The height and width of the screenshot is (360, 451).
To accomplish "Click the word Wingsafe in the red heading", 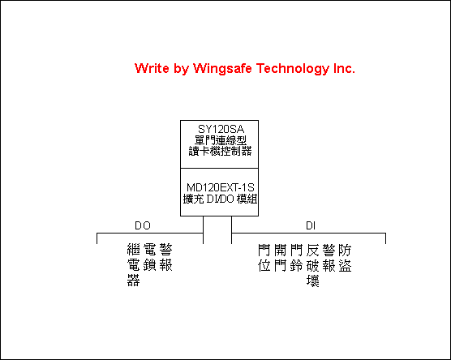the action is [222, 68].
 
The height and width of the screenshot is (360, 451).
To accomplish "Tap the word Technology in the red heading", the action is [293, 68].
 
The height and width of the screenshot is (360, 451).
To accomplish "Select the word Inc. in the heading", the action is [344, 68].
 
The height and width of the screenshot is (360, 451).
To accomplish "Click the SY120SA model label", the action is [221, 129].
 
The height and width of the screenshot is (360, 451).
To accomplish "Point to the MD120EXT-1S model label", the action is [221, 187].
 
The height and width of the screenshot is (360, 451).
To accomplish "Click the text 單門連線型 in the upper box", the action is [221, 140].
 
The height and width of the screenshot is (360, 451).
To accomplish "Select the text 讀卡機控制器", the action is [220, 151].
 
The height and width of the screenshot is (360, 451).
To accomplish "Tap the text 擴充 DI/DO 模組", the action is [220, 199].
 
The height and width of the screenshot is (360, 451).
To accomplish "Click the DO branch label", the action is [143, 225].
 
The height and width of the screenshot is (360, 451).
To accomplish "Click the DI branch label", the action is [311, 225].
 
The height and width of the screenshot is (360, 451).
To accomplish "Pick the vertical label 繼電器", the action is [134, 265].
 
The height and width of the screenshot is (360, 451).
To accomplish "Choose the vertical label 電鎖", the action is [149, 257].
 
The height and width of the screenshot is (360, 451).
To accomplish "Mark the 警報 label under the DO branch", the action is [166, 257].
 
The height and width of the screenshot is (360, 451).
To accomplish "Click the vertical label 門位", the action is [264, 258].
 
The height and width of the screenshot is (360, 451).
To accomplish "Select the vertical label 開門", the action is [280, 258].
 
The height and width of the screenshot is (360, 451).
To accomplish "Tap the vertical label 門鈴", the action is [296, 258].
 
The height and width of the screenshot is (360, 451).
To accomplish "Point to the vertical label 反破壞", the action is [312, 265].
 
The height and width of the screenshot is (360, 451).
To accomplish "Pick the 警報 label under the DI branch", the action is [329, 258].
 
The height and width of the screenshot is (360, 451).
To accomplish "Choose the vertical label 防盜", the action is [345, 258].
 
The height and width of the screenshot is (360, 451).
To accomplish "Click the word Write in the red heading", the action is [152, 68].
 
